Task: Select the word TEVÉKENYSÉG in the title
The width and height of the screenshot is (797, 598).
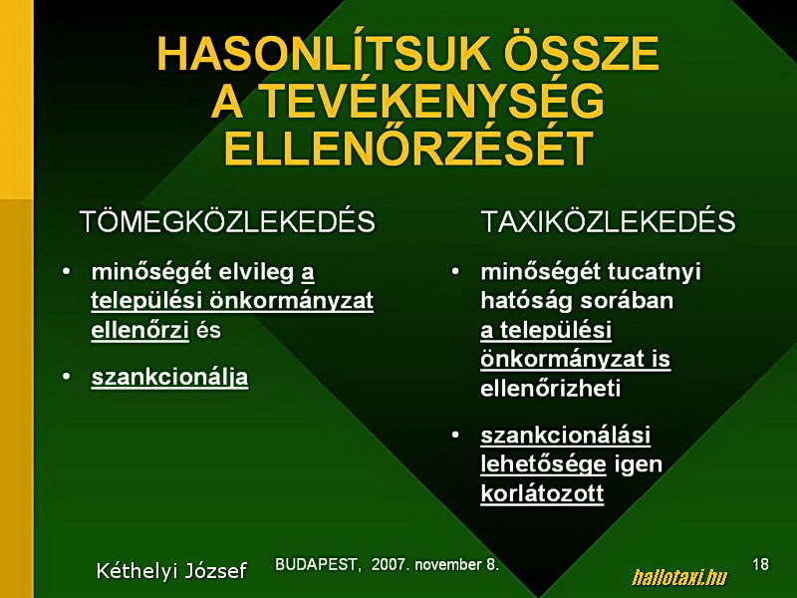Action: point(432,102)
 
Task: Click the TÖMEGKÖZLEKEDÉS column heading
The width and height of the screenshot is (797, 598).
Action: point(227,221)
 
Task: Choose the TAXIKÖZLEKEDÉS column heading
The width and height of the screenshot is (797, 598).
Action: point(608,221)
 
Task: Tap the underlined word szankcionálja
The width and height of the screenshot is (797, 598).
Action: point(169,378)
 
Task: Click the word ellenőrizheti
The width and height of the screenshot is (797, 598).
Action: point(551,389)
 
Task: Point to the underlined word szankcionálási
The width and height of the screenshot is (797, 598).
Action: point(565,436)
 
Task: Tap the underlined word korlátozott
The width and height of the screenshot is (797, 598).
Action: point(542,493)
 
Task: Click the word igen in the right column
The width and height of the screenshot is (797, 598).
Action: point(638,465)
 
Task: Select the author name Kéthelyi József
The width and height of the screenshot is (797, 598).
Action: point(171,570)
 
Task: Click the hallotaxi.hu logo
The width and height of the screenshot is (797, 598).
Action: point(679,577)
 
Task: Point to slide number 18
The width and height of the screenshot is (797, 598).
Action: point(760,564)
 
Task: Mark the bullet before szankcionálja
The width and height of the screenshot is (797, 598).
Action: point(66,377)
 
